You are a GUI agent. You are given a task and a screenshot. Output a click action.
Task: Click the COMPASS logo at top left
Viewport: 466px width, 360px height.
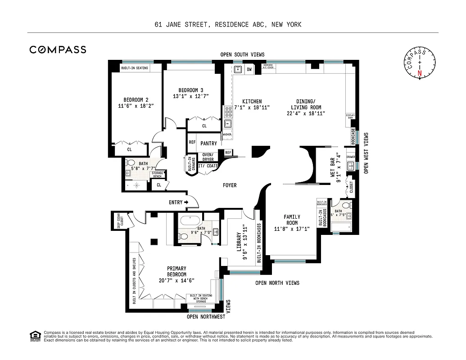click(x=58, y=49)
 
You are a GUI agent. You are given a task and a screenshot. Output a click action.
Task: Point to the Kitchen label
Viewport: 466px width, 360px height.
click(x=252, y=101)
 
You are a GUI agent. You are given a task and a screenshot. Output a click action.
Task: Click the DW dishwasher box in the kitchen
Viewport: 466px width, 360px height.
click(x=249, y=69)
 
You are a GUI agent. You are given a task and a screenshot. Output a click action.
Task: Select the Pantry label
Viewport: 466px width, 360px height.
click(x=208, y=144)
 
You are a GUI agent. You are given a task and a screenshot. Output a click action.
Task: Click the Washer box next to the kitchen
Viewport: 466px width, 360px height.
click(x=227, y=134)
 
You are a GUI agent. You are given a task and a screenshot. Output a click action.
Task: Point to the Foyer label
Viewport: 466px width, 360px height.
click(x=229, y=185)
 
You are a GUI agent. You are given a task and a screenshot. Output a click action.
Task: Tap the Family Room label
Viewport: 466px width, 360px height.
click(x=292, y=220)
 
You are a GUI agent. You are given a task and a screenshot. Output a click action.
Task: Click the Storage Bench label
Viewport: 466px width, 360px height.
click(x=157, y=175)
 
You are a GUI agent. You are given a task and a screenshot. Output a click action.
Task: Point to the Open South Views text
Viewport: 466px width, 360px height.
click(x=242, y=54)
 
